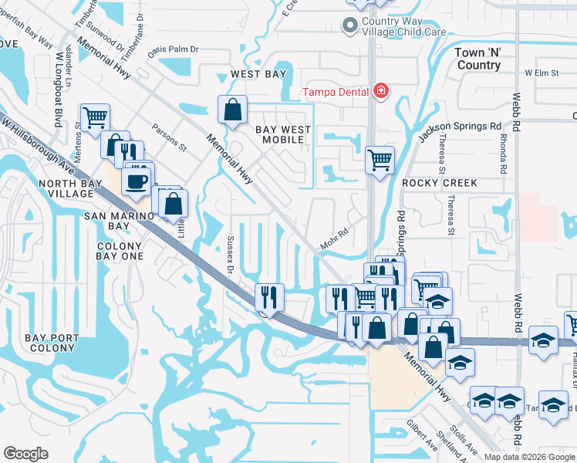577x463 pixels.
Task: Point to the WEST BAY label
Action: tap(258, 74)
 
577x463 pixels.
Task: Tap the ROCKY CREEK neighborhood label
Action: tap(440, 183)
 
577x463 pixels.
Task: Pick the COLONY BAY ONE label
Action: tap(120, 251)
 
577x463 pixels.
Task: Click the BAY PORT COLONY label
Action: tap(52, 343)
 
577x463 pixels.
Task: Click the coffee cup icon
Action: tap(137, 182)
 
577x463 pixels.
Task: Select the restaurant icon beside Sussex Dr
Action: tap(269, 296)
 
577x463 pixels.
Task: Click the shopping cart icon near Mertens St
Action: tap(94, 118)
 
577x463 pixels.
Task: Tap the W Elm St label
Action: tap(541, 73)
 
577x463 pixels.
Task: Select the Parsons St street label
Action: tap(170, 136)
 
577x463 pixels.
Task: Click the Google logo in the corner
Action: tap(25, 454)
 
